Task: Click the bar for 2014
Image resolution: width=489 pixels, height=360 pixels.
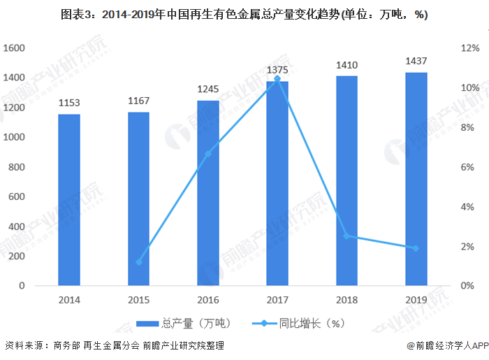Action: (68, 200)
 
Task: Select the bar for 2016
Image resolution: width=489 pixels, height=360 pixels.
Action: (207, 193)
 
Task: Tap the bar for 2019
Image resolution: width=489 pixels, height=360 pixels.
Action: (416, 179)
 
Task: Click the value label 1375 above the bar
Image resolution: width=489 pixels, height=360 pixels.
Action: (278, 70)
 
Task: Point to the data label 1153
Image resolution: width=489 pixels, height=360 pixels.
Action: (68, 103)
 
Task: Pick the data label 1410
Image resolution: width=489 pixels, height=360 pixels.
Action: (347, 65)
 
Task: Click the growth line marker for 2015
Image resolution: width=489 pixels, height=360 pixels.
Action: (138, 262)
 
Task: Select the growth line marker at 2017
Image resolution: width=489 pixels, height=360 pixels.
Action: (278, 79)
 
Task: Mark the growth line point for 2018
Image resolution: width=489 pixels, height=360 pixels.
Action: (347, 236)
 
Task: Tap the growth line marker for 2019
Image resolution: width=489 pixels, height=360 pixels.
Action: (416, 248)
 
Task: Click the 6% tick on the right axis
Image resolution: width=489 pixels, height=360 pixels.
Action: (468, 167)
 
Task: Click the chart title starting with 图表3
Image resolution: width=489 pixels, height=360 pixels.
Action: (245, 15)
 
